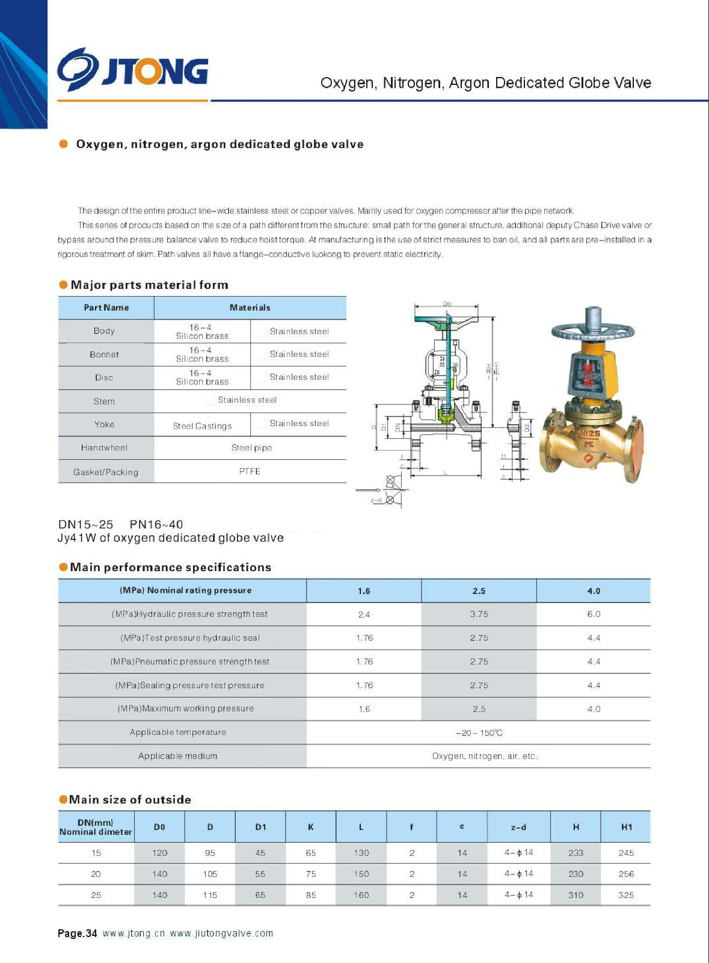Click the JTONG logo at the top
[x=133, y=72]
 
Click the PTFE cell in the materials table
[x=250, y=471]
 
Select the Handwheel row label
[x=104, y=448]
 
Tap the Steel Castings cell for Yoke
[x=202, y=426]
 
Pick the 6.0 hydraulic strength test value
[x=594, y=615]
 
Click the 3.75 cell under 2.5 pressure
[x=479, y=615]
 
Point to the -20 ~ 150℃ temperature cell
[x=479, y=733]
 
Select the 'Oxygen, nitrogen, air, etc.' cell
[x=485, y=757]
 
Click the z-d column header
[x=518, y=828]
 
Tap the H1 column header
[x=627, y=828]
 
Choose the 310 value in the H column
[x=575, y=896]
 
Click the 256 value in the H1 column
[x=626, y=875]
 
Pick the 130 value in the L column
[x=361, y=853]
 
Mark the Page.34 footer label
[x=77, y=934]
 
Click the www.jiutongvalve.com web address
[x=221, y=934]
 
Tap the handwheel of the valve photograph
[x=592, y=330]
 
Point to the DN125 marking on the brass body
[x=588, y=433]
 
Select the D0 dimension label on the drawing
[x=447, y=304]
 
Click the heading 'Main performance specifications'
[x=170, y=568]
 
